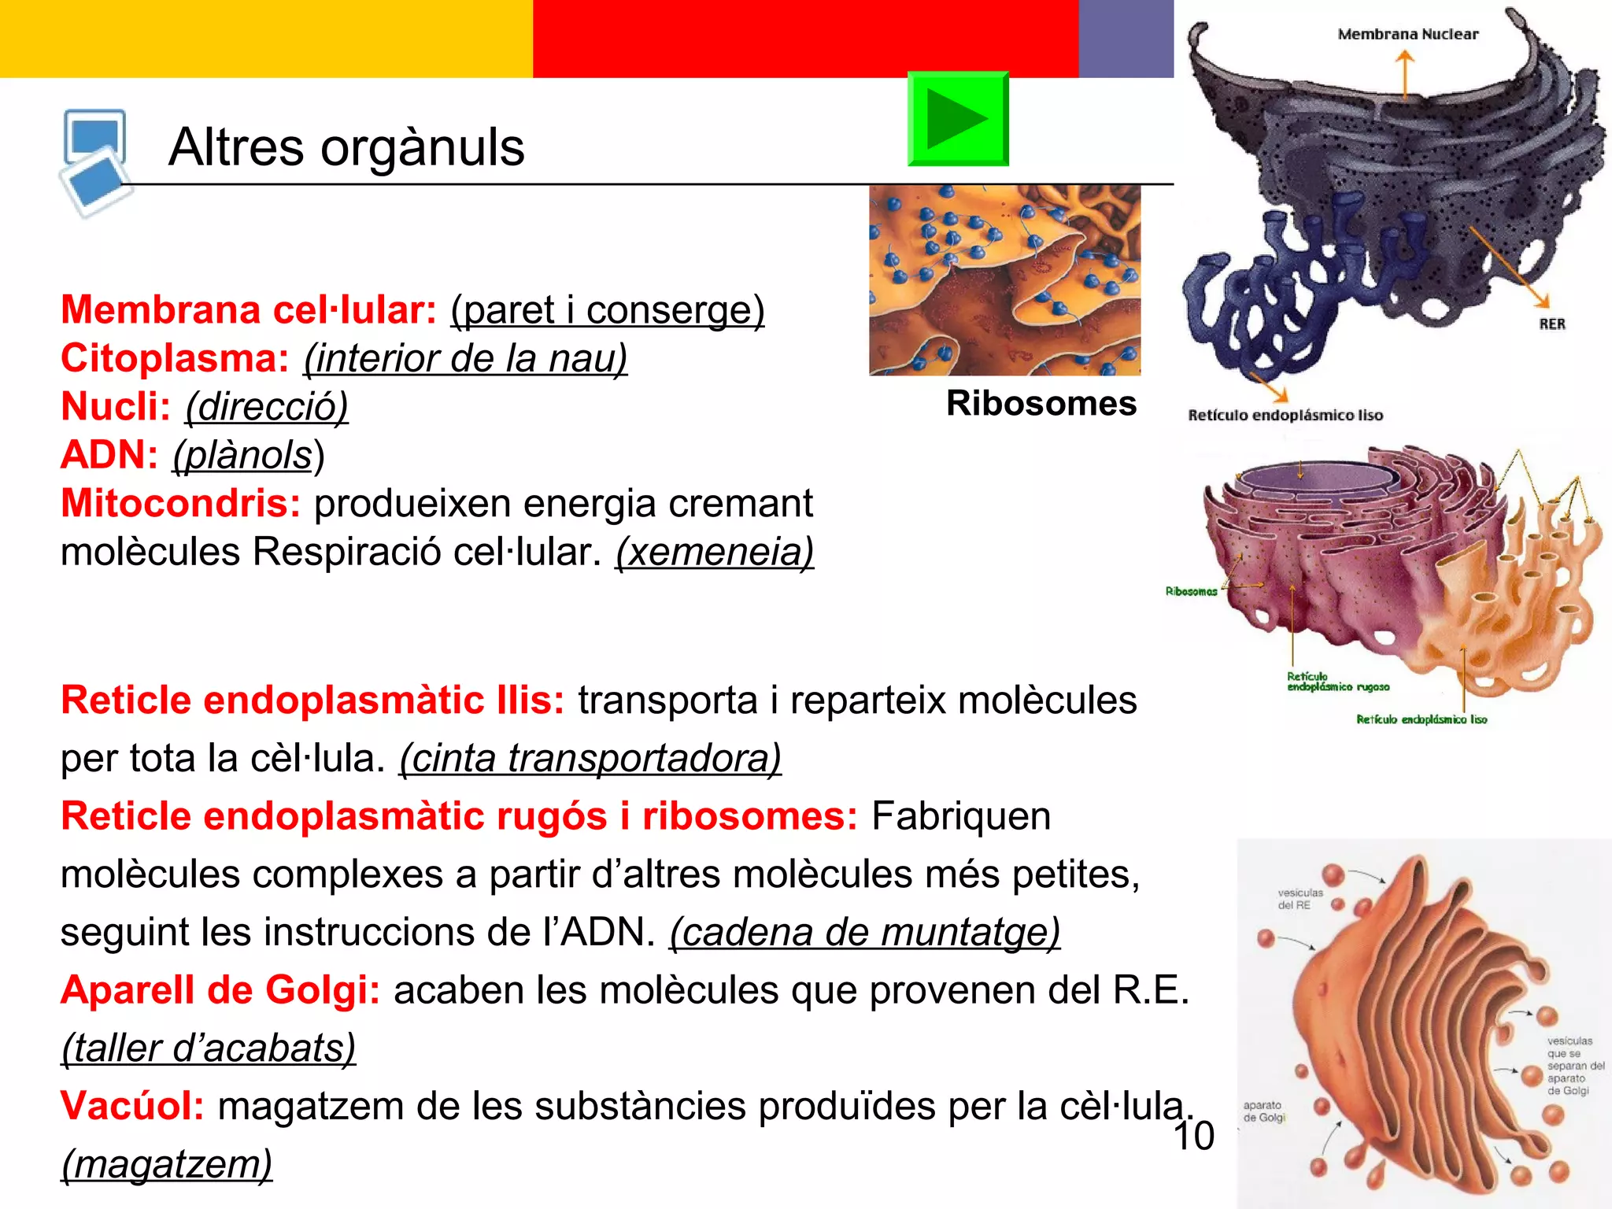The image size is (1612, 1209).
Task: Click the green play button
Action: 957,119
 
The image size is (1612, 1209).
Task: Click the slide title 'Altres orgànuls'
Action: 346,147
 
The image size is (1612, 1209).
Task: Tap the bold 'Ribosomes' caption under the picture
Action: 1041,404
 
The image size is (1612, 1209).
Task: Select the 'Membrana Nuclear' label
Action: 1407,35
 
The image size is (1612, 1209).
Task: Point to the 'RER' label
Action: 1552,324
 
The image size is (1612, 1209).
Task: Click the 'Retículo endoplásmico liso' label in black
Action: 1285,416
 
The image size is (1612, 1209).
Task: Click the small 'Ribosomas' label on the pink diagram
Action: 1191,592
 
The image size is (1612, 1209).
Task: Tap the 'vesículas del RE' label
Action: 1300,899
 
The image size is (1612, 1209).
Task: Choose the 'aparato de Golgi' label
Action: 1263,1111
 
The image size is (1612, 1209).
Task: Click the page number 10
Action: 1193,1137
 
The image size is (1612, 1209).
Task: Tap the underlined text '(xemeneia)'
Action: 714,552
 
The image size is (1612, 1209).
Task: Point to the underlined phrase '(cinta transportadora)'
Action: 590,759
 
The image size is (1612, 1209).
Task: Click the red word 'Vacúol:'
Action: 132,1106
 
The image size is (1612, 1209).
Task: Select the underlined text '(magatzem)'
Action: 167,1164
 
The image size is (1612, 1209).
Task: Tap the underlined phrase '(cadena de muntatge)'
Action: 864,933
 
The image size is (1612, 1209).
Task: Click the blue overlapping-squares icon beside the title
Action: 95,161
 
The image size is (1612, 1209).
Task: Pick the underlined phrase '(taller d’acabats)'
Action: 209,1048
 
